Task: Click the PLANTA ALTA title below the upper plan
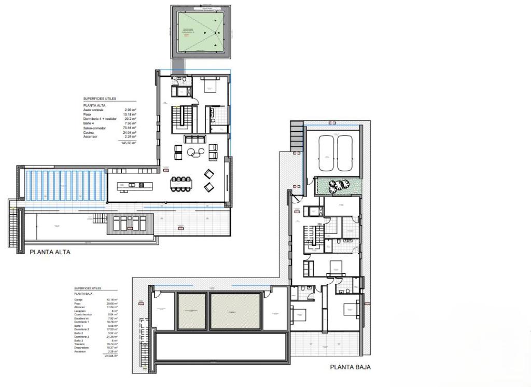point(50,252)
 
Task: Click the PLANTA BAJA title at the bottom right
point(351,367)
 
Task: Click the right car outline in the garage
point(345,153)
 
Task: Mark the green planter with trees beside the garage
point(337,186)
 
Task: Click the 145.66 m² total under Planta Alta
point(128,143)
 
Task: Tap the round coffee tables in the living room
point(196,153)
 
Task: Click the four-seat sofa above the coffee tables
point(195,139)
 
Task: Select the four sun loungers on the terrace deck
point(129,224)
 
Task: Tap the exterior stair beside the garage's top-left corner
point(296,136)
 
